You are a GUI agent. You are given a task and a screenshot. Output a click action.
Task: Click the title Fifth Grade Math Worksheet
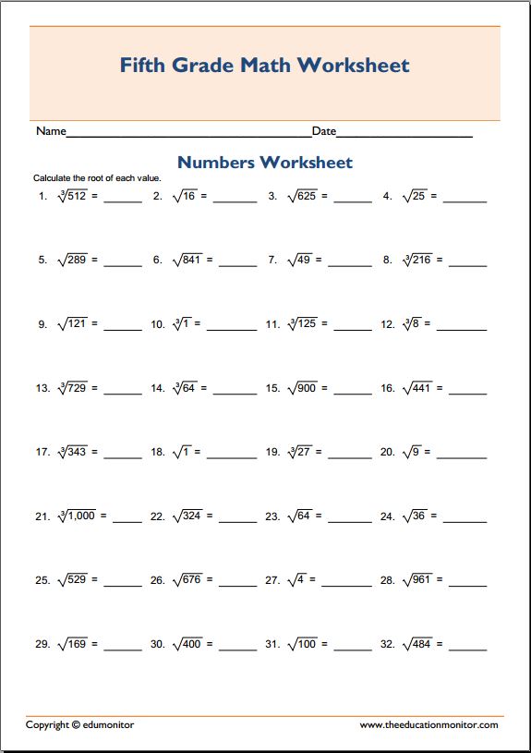click(x=265, y=66)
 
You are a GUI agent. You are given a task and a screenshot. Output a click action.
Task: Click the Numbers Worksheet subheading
click(x=265, y=163)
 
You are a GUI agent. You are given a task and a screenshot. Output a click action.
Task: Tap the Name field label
click(x=51, y=132)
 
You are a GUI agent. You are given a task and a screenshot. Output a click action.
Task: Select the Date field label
click(x=324, y=132)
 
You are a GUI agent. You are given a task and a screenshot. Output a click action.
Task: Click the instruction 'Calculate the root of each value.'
click(x=97, y=176)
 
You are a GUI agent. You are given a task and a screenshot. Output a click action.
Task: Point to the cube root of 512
click(x=71, y=196)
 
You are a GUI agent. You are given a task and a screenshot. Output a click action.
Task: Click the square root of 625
click(x=300, y=196)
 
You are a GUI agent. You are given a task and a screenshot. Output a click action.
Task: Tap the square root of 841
click(x=186, y=260)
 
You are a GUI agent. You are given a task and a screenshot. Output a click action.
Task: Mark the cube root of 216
click(x=417, y=260)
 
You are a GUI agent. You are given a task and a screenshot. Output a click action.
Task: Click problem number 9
click(x=42, y=324)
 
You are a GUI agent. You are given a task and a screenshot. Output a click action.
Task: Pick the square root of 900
click(x=300, y=388)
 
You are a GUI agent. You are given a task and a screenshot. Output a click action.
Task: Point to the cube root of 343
click(x=71, y=452)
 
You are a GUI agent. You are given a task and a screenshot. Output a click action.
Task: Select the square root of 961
click(x=416, y=580)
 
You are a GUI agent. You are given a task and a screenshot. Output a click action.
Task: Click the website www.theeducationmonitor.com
click(x=428, y=725)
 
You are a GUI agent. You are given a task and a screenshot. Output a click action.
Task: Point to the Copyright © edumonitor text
click(x=79, y=725)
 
